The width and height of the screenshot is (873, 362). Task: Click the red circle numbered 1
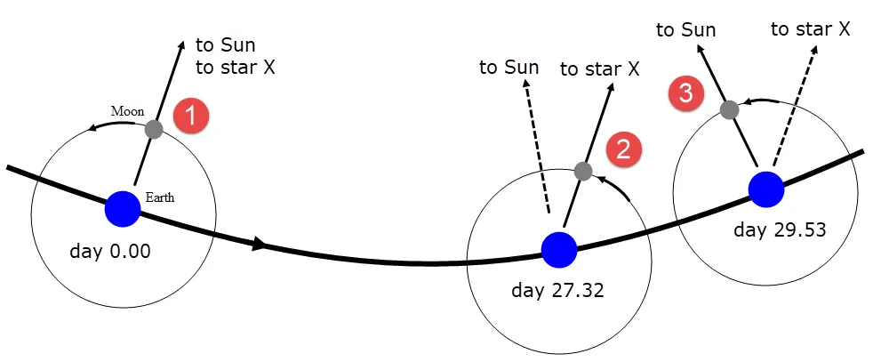click(190, 117)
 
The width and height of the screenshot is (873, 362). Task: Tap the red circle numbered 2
click(624, 149)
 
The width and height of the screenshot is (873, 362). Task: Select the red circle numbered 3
click(685, 93)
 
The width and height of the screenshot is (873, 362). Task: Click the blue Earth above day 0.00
click(123, 209)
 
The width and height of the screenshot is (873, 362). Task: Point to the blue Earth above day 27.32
click(559, 251)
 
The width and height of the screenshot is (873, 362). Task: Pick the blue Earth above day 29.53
click(766, 190)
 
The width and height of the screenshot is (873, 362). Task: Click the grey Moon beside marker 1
click(154, 129)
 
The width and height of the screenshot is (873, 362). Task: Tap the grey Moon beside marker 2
click(583, 171)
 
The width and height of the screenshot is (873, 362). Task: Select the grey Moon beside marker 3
click(729, 109)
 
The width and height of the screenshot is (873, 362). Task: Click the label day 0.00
click(109, 251)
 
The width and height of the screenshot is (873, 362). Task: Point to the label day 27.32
click(557, 290)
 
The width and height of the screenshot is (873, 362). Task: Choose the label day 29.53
click(779, 229)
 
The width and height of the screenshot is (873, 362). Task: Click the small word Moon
click(127, 110)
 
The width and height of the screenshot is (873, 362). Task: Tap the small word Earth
click(160, 197)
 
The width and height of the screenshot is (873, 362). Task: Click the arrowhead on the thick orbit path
click(259, 244)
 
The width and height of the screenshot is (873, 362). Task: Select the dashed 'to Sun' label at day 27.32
click(509, 67)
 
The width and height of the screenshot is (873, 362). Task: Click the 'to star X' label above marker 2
click(599, 69)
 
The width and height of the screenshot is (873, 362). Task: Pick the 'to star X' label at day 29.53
click(811, 29)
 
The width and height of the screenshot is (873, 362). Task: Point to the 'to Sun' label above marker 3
click(686, 29)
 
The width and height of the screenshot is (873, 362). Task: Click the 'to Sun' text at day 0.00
click(226, 44)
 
